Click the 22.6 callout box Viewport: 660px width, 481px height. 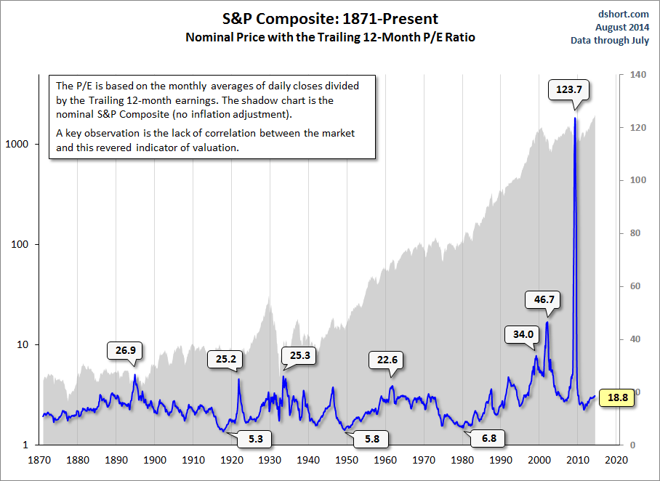pyautogui.click(x=385, y=360)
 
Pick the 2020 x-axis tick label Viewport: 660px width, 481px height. pyautogui.click(x=616, y=460)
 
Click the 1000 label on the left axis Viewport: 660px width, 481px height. pyautogui.click(x=26, y=144)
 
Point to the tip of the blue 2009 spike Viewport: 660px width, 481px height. pyautogui.click(x=575, y=118)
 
